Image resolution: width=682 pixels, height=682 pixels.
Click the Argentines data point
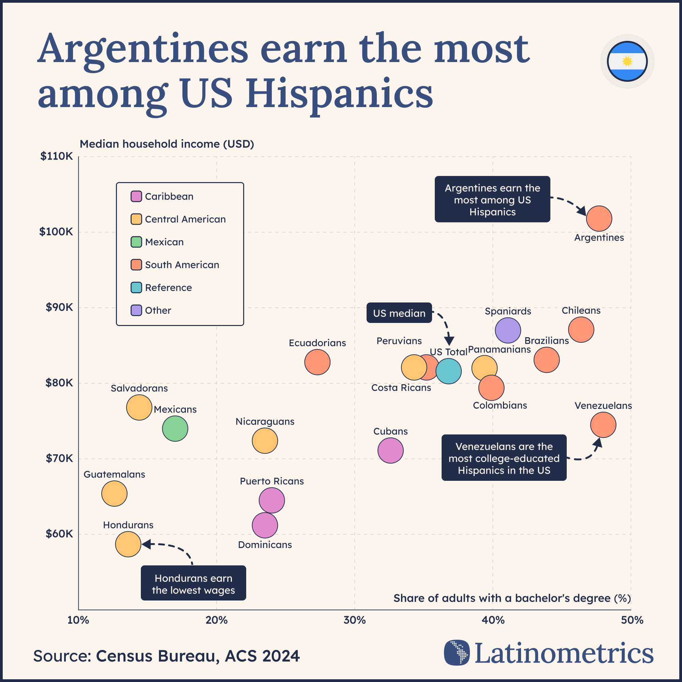coord(599,219)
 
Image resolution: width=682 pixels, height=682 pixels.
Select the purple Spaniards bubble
coord(508,330)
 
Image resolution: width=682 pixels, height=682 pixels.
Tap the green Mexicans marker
coord(175,429)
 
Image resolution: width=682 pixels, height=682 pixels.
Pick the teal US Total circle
coord(448,371)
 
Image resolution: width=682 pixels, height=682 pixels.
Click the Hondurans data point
coord(128,544)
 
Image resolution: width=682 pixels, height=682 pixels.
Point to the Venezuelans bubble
coord(603,425)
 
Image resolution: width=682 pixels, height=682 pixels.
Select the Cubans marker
coord(390,450)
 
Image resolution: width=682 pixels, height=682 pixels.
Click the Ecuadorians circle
coord(317,362)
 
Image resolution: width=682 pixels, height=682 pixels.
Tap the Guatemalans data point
coord(114,493)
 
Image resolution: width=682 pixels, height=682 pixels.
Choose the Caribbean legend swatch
coord(136,196)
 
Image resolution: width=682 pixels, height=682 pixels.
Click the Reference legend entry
coord(168,288)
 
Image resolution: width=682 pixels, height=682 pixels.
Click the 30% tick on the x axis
coord(354,620)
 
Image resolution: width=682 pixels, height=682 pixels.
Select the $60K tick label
coord(59,534)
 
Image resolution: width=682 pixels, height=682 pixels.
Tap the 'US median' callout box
coord(399,313)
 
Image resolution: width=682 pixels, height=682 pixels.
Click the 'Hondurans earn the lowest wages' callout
coord(193,584)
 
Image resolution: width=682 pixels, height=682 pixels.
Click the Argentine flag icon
coord(627,61)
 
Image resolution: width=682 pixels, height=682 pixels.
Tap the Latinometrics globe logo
coord(457,652)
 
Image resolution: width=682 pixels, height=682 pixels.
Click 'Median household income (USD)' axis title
coord(167,144)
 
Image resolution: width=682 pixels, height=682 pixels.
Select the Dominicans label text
coord(265,545)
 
